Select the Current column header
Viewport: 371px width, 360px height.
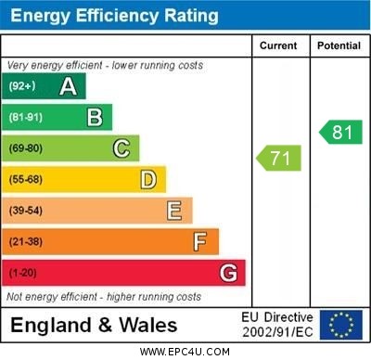(x=278, y=45)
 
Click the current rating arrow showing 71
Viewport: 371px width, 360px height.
(x=279, y=158)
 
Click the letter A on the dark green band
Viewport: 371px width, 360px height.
(x=68, y=86)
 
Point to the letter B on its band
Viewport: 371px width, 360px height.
(x=94, y=117)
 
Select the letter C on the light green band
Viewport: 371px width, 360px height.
(x=121, y=148)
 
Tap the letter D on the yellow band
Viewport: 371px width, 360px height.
(x=147, y=179)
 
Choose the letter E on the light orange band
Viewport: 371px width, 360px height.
(x=173, y=211)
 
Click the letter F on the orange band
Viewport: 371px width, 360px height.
(x=199, y=242)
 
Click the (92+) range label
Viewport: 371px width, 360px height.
(x=21, y=86)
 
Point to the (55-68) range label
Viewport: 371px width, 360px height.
(x=26, y=180)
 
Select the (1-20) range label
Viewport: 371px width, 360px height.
(x=23, y=274)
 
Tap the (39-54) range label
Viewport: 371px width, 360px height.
(x=26, y=212)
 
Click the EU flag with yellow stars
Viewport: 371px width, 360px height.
(x=341, y=325)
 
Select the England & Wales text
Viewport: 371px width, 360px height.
(x=94, y=325)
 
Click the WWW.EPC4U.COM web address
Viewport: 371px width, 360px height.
(x=185, y=352)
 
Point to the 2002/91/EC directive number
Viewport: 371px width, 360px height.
(x=277, y=332)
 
